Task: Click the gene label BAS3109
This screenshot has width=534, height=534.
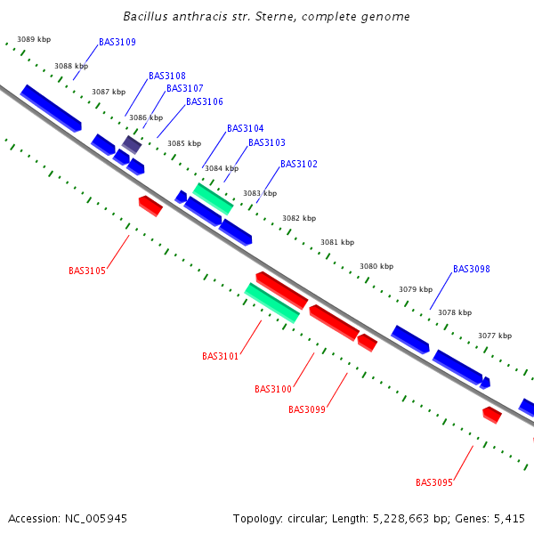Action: pyautogui.click(x=117, y=42)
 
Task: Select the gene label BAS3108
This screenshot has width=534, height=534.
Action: pyautogui.click(x=167, y=76)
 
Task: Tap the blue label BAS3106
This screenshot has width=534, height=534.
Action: pyautogui.click(x=205, y=101)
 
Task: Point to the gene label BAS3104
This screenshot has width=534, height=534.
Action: pyautogui.click(x=246, y=128)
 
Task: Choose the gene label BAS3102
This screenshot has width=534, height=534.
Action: pyautogui.click(x=299, y=164)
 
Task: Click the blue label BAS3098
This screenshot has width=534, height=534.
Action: pyautogui.click(x=472, y=269)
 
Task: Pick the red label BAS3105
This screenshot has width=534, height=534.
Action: pyautogui.click(x=87, y=271)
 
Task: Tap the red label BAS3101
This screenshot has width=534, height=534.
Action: pyautogui.click(x=221, y=356)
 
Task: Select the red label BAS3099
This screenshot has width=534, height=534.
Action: pyautogui.click(x=307, y=409)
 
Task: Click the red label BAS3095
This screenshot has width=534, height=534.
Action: pyautogui.click(x=434, y=482)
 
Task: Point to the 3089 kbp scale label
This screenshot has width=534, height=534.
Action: pyautogui.click(x=34, y=40)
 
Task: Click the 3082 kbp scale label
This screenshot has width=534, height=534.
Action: pyautogui.click(x=299, y=218)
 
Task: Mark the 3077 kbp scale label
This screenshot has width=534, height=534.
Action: pyautogui.click(x=495, y=336)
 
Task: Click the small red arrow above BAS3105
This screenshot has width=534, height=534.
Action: pyautogui.click(x=150, y=206)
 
